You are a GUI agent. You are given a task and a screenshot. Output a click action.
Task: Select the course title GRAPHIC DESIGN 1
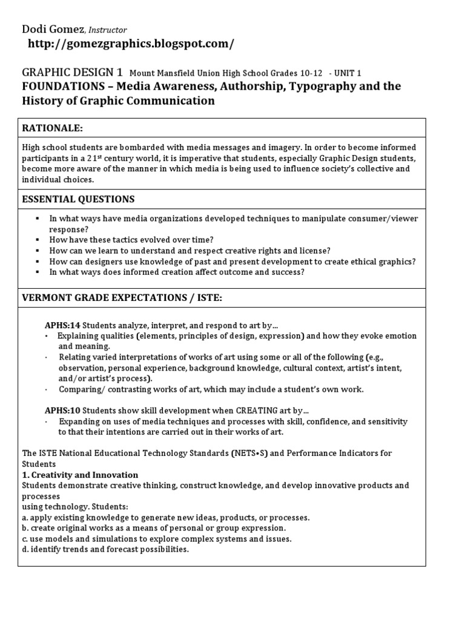(72, 72)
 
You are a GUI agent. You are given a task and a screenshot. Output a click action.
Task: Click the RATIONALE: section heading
(52, 128)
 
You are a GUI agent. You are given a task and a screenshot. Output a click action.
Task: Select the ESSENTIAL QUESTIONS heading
(79, 199)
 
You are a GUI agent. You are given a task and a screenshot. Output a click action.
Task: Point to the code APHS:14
(61, 324)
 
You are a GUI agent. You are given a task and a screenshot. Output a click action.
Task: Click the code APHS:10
(61, 410)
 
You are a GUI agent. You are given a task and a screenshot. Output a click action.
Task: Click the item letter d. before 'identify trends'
(25, 550)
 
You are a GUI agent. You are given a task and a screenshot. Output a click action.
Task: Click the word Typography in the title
(318, 87)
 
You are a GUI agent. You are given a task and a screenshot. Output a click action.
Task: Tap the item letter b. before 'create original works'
(25, 528)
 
